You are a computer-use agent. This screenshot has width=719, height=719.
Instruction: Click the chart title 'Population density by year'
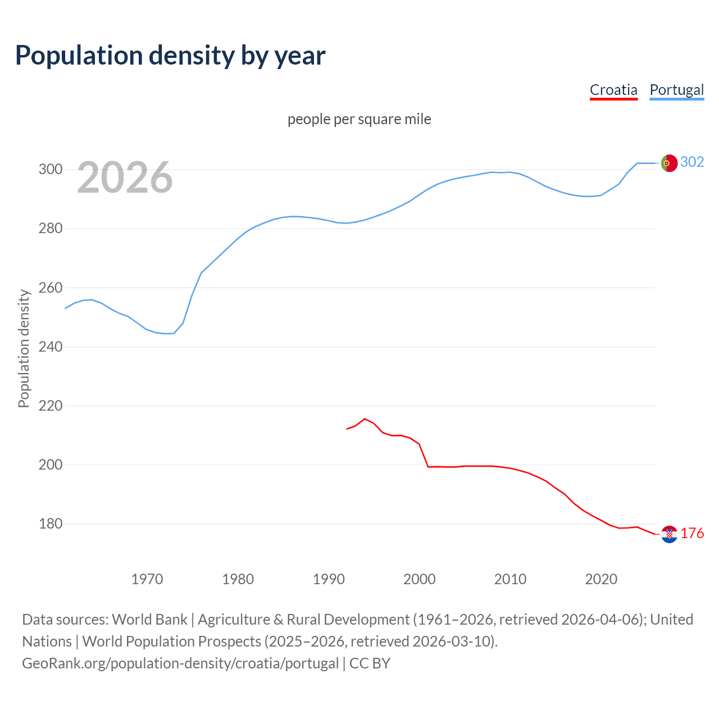170,56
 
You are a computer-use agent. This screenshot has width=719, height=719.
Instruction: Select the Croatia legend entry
613,90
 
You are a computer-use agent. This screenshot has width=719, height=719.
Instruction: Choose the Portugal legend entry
676,90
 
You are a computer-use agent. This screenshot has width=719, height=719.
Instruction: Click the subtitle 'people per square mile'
359,119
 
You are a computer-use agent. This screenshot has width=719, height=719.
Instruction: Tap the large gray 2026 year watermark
125,178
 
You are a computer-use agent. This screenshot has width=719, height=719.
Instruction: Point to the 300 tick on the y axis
50,169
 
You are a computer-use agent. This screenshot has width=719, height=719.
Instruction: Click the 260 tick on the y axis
50,288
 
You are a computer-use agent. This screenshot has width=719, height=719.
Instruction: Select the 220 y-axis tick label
50,406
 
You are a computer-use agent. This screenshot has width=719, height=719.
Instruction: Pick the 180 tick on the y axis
50,524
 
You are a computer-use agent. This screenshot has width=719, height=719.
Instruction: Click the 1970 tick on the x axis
147,579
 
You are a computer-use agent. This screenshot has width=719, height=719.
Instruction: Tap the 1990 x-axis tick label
329,579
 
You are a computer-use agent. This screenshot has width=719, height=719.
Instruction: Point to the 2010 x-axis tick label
510,579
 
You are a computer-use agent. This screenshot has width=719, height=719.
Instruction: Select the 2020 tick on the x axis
601,579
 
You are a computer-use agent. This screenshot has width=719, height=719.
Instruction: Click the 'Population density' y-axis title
24,348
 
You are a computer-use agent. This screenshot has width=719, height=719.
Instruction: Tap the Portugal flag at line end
669,163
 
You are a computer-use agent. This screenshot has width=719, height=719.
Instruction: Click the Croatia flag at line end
669,534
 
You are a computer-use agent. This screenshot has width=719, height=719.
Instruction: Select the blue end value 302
692,162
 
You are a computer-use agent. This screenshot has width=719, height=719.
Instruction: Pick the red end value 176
692,534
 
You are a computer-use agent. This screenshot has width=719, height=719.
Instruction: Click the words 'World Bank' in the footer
149,620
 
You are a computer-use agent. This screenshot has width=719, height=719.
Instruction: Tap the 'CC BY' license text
370,663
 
